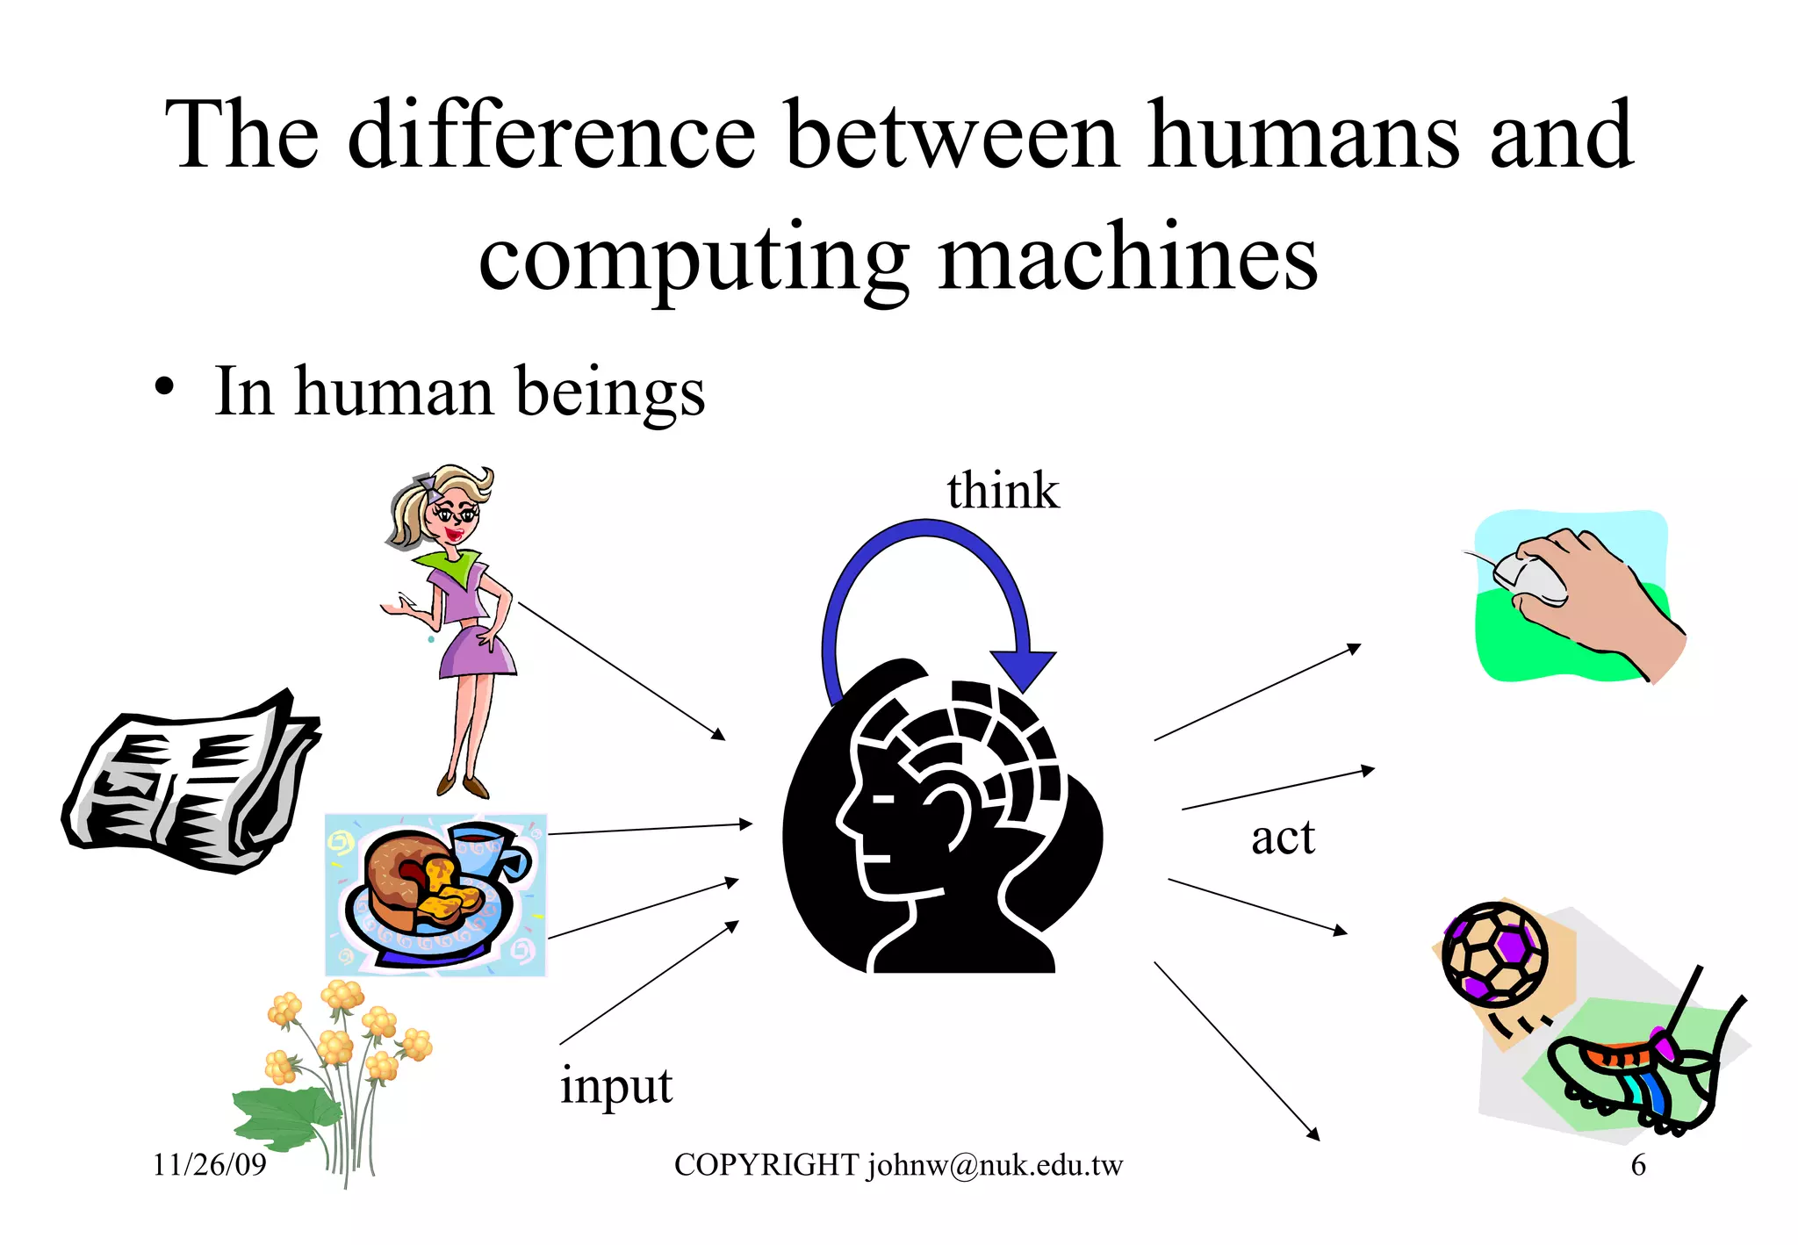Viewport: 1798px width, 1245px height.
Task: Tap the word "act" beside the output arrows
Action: point(1283,838)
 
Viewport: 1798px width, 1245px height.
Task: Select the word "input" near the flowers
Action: point(616,1086)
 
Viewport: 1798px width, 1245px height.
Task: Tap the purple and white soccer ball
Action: point(1495,954)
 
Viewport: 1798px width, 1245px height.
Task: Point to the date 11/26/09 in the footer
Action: point(210,1165)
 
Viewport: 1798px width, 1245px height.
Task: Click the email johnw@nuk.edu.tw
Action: point(996,1166)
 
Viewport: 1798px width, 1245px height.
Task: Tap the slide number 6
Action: point(1638,1166)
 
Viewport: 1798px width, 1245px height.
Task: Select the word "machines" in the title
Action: point(1127,259)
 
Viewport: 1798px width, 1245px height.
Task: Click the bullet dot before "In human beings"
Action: point(164,387)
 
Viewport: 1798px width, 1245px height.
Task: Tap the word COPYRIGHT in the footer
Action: point(766,1166)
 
